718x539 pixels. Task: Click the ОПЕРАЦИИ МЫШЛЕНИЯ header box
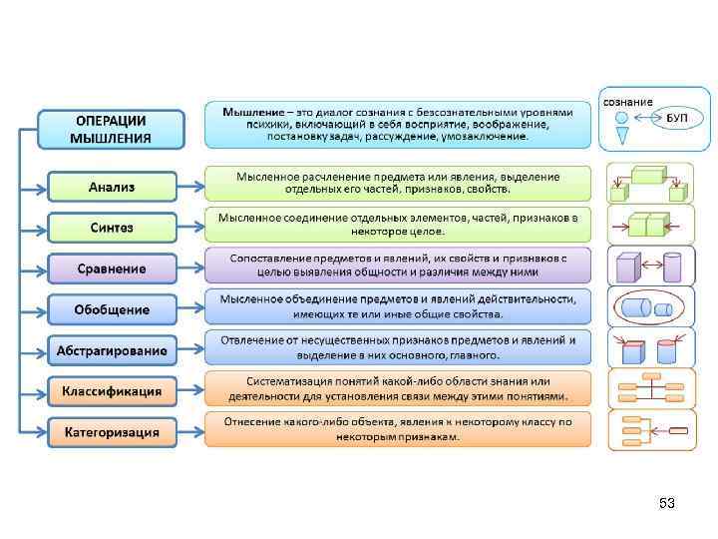click(x=111, y=129)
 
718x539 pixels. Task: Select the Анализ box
click(x=111, y=187)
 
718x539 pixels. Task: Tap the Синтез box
click(x=111, y=228)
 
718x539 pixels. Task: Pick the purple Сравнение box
click(x=111, y=269)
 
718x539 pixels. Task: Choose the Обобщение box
click(x=111, y=309)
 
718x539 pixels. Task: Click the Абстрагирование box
click(x=111, y=350)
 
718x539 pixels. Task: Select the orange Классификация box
click(x=111, y=391)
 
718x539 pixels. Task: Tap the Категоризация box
click(x=111, y=432)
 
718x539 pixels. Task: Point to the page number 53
click(x=667, y=504)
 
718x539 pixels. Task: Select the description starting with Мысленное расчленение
click(x=398, y=183)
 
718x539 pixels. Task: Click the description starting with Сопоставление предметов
click(x=398, y=265)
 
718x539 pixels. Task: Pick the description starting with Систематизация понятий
click(x=398, y=388)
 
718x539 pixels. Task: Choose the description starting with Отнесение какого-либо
click(x=398, y=429)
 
